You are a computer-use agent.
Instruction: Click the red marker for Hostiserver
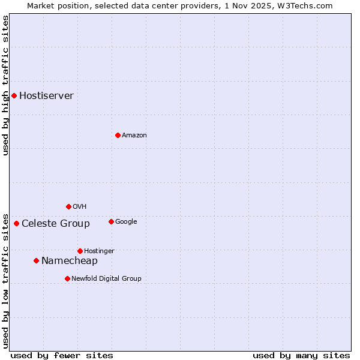click(x=14, y=95)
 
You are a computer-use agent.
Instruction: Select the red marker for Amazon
click(x=118, y=135)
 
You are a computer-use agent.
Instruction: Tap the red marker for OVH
click(x=68, y=206)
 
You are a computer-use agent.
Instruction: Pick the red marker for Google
click(x=111, y=221)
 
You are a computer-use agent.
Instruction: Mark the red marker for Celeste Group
click(x=16, y=223)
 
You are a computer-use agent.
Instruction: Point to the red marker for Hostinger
click(x=80, y=251)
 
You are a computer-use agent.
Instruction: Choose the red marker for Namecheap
click(x=36, y=260)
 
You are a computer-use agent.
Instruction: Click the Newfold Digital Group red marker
click(x=67, y=278)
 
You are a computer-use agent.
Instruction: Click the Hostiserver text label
click(x=46, y=96)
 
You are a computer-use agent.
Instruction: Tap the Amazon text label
click(x=134, y=136)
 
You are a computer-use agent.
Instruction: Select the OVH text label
click(x=80, y=207)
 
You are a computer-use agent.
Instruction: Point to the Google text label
click(x=126, y=222)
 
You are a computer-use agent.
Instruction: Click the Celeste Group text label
click(x=56, y=224)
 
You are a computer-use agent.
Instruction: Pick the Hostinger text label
click(x=99, y=251)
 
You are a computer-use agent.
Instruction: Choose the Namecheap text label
click(x=70, y=261)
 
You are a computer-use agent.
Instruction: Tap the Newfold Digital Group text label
click(x=106, y=279)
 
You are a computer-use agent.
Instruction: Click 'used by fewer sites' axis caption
click(x=62, y=356)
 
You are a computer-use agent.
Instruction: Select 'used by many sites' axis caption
click(x=301, y=356)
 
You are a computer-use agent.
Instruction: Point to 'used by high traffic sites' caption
click(x=5, y=85)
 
